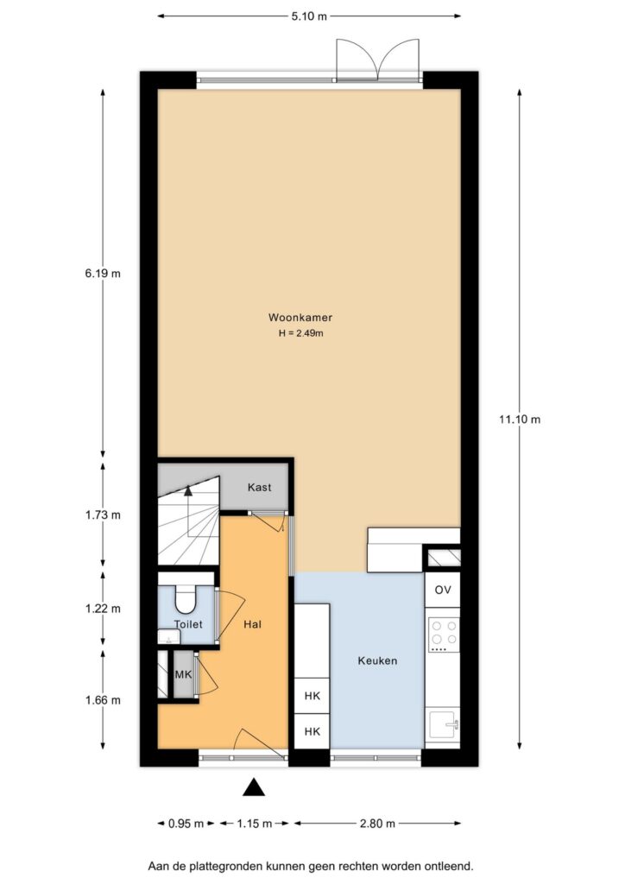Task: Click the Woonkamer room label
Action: (x=300, y=318)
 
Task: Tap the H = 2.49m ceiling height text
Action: (x=300, y=333)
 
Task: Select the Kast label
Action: (x=259, y=487)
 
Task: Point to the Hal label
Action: (x=252, y=624)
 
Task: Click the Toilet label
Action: (x=188, y=624)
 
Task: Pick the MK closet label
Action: (x=183, y=674)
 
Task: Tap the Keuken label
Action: (x=377, y=660)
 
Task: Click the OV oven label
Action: (x=442, y=590)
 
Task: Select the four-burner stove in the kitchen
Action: (x=444, y=635)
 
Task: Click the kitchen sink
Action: (x=443, y=724)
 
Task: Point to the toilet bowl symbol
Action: (x=185, y=599)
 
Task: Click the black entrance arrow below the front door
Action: (x=254, y=787)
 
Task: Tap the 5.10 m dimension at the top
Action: (x=309, y=16)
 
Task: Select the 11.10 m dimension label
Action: (x=520, y=419)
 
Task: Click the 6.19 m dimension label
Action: (x=103, y=274)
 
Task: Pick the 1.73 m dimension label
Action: (x=103, y=515)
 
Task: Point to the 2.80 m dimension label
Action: (x=377, y=824)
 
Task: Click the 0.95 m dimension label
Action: (x=186, y=824)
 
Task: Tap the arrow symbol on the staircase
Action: (x=188, y=490)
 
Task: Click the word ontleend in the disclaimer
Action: (x=451, y=866)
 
